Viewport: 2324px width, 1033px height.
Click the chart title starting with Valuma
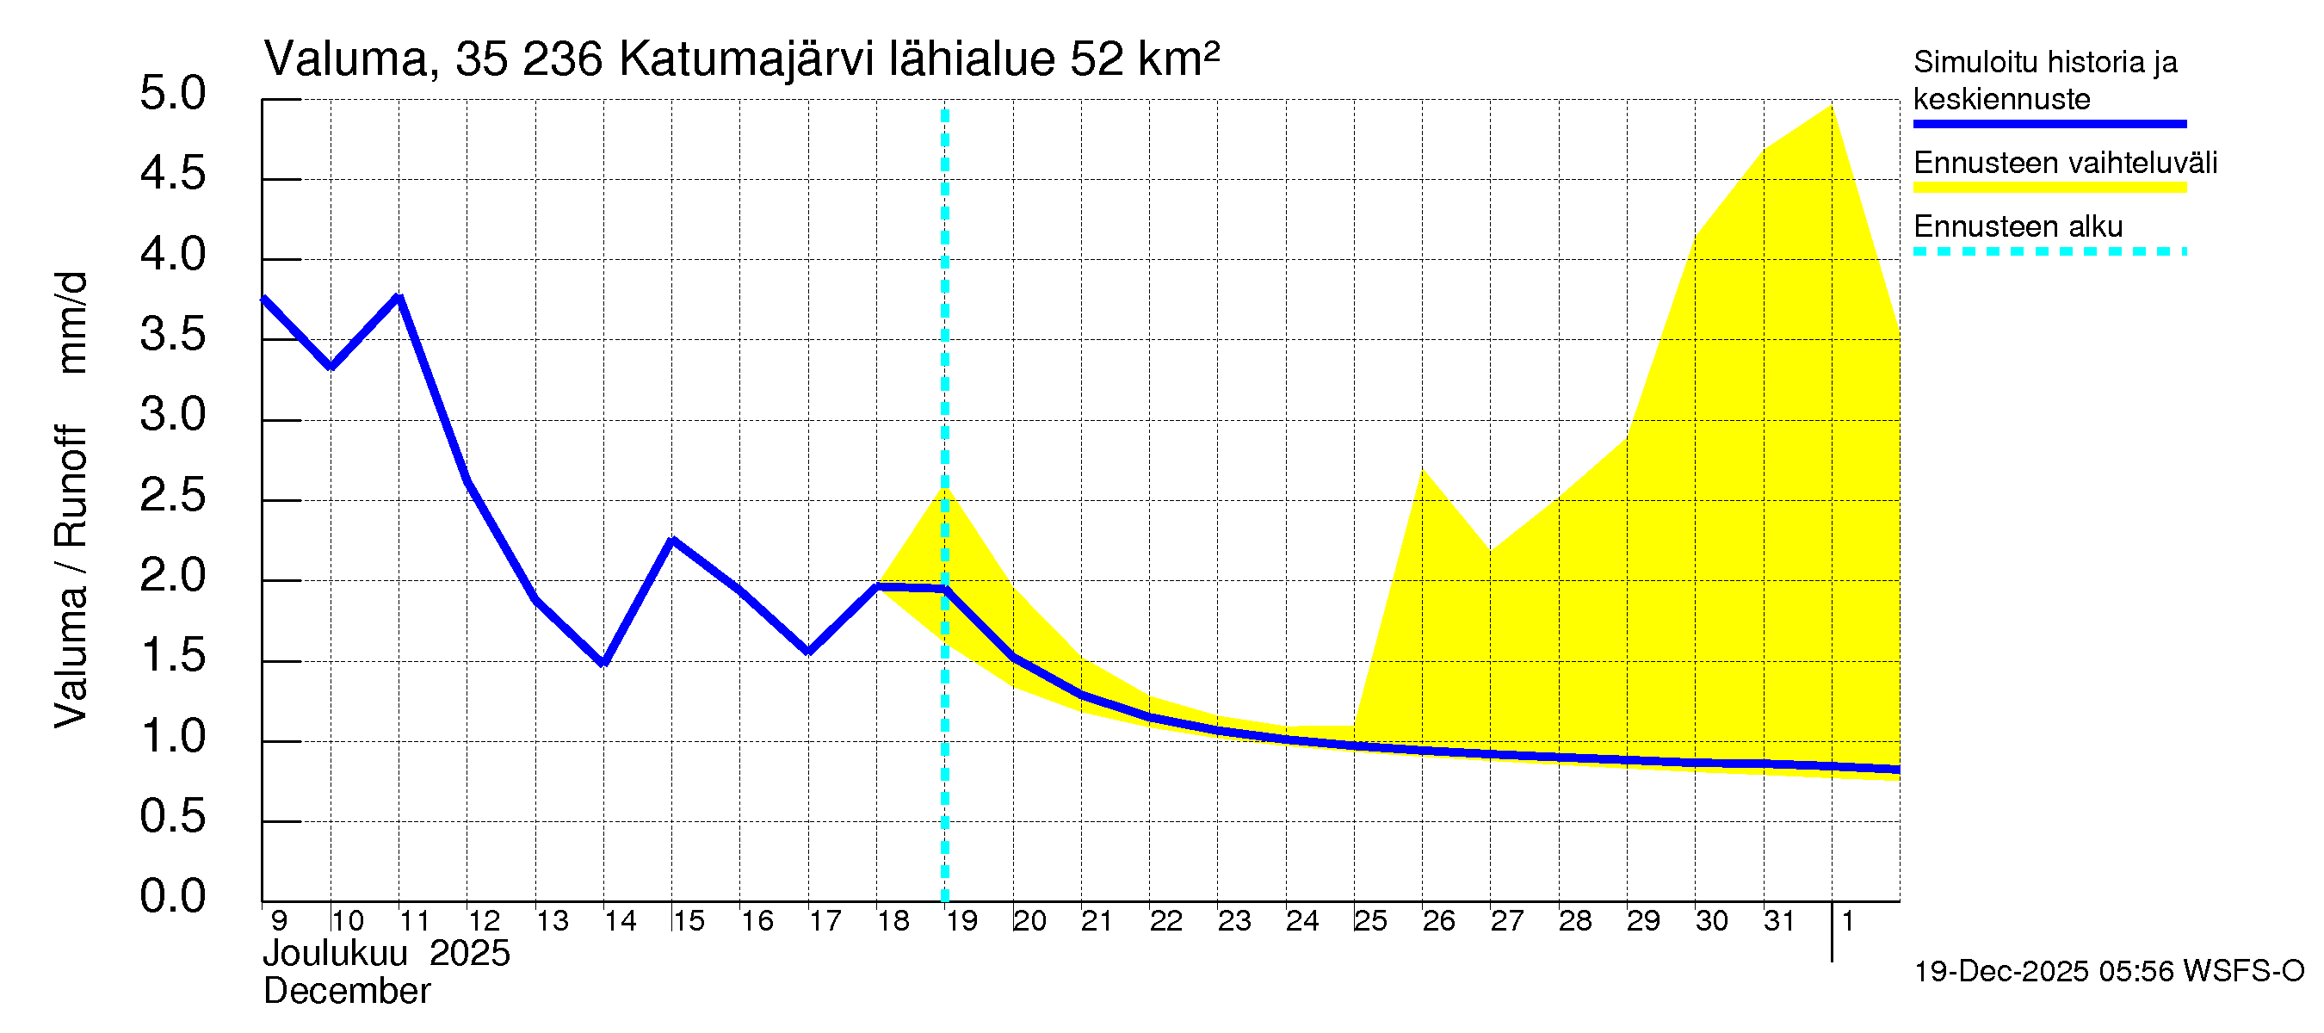(x=741, y=59)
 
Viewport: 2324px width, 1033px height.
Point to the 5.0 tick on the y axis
(x=173, y=94)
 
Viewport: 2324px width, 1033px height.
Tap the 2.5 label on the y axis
(x=173, y=495)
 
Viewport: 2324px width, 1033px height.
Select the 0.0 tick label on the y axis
(x=173, y=897)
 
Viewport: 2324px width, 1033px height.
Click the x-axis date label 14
(x=620, y=921)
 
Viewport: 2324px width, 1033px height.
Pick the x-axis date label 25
(x=1369, y=921)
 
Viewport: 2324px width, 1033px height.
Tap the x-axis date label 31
(x=1778, y=921)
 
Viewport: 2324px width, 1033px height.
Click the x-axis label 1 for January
(x=1847, y=921)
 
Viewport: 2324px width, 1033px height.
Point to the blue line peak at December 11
(x=399, y=297)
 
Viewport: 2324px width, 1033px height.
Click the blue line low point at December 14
(x=603, y=663)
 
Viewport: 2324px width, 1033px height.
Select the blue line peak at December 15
(x=672, y=541)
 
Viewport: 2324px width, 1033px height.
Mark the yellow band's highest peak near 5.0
(x=1831, y=107)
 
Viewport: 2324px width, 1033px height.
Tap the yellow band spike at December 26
(x=1423, y=471)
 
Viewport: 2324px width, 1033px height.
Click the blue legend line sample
(x=2049, y=124)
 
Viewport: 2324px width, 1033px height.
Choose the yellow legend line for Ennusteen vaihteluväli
(x=2049, y=188)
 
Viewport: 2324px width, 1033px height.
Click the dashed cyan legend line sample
(x=2049, y=251)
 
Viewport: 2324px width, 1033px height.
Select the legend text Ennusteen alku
(x=2018, y=226)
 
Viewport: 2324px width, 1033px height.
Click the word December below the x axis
(x=346, y=992)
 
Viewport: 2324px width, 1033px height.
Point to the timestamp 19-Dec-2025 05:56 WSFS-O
(x=2108, y=971)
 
